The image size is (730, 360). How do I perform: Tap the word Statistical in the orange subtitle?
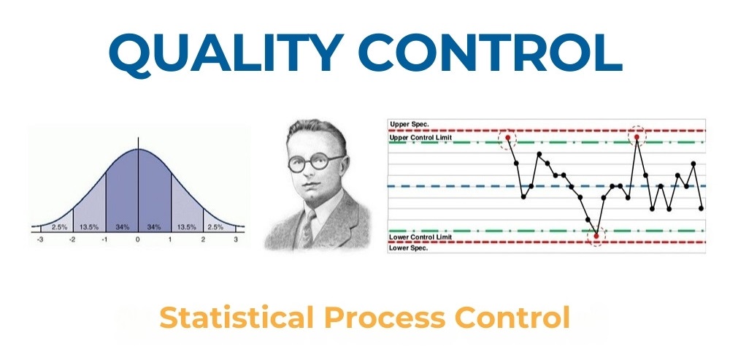tap(236, 318)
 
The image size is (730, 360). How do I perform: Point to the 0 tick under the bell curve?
tap(137, 240)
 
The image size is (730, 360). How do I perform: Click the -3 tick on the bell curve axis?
tap(40, 240)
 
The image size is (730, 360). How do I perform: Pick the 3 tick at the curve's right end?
tap(236, 240)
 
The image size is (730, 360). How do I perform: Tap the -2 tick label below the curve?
tap(72, 240)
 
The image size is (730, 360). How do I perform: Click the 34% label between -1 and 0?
tap(121, 227)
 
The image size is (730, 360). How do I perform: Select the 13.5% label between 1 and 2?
tap(186, 227)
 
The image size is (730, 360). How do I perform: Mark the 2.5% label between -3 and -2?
tap(59, 227)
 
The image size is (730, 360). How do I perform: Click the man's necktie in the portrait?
tap(307, 229)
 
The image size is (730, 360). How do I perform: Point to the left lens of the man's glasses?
tap(296, 164)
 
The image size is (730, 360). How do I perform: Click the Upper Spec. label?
tap(410, 124)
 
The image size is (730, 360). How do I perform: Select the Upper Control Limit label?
tap(421, 138)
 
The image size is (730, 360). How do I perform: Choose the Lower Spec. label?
tap(409, 248)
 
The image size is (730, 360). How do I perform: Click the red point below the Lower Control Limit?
tap(596, 236)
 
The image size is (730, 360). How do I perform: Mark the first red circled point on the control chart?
tap(508, 138)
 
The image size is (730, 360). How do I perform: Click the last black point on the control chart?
tap(701, 208)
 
